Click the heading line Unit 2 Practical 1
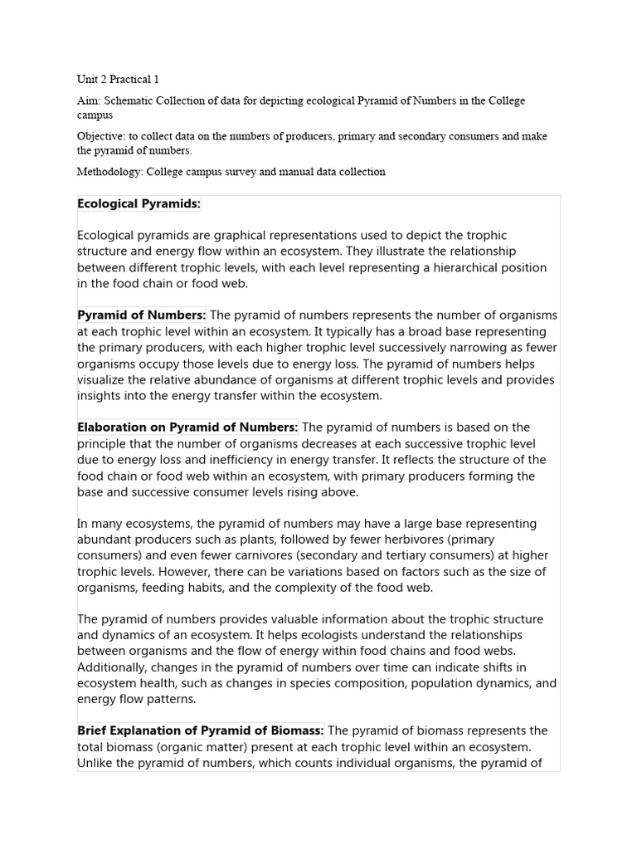[118, 80]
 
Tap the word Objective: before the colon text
[101, 136]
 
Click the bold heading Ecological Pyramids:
[139, 203]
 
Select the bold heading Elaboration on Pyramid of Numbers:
[187, 427]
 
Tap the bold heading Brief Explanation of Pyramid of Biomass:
[201, 730]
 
